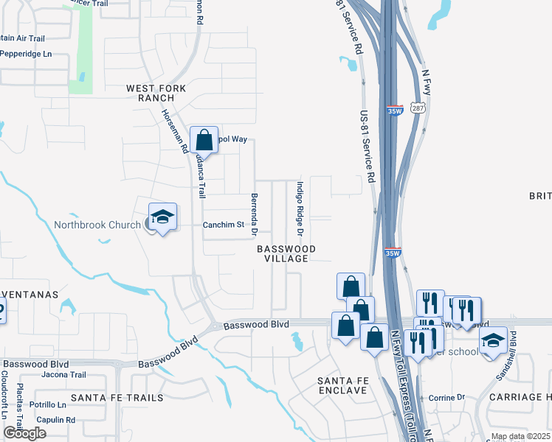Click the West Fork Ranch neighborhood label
click(156, 93)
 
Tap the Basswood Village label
click(286, 254)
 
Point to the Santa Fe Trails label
click(117, 398)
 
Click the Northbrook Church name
click(97, 225)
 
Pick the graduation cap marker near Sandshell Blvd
click(494, 341)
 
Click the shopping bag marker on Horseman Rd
click(204, 139)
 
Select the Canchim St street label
click(224, 225)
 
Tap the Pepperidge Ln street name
click(26, 54)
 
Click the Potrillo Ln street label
click(48, 405)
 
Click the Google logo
click(24, 433)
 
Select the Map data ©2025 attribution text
click(521, 437)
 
